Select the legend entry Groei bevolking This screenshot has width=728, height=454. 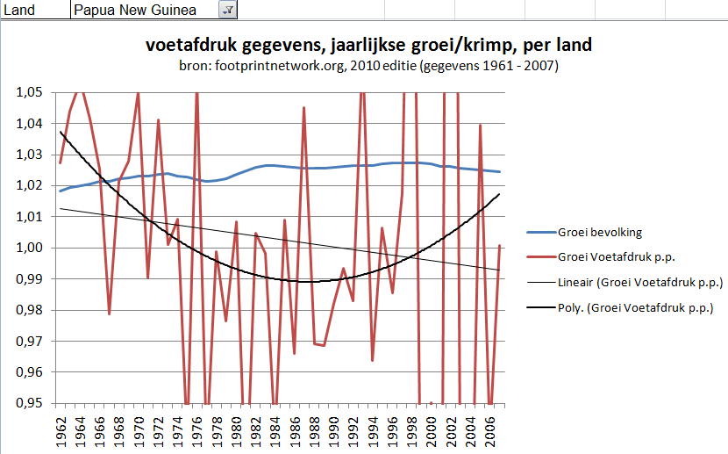point(599,233)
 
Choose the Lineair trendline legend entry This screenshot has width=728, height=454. point(639,283)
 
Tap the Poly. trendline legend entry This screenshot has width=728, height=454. point(635,307)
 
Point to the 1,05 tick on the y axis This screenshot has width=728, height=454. point(29,92)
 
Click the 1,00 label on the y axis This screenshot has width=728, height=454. point(29,248)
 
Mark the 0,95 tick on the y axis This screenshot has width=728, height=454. point(29,403)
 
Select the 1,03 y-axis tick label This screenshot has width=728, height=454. point(29,155)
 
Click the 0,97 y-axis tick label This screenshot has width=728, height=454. point(29,341)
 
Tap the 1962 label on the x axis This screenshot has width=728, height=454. point(60,429)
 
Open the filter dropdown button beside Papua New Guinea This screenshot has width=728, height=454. point(226,10)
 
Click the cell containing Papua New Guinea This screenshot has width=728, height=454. point(140,10)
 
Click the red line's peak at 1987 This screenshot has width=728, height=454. point(304,107)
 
